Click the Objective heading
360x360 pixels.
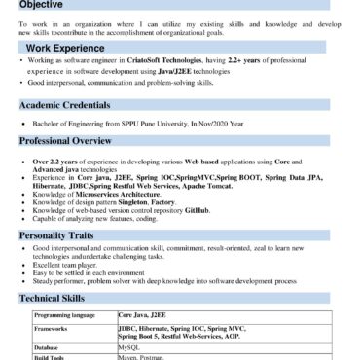pyautogui.click(x=43, y=5)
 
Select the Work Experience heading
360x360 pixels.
pyautogui.click(x=66, y=47)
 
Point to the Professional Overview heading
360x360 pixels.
pyautogui.click(x=72, y=142)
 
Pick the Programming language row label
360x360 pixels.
pyautogui.click(x=64, y=316)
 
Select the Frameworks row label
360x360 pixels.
pyautogui.click(x=53, y=330)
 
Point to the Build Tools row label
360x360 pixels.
pyautogui.click(x=51, y=357)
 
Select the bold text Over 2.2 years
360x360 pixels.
pyautogui.click(x=57, y=160)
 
